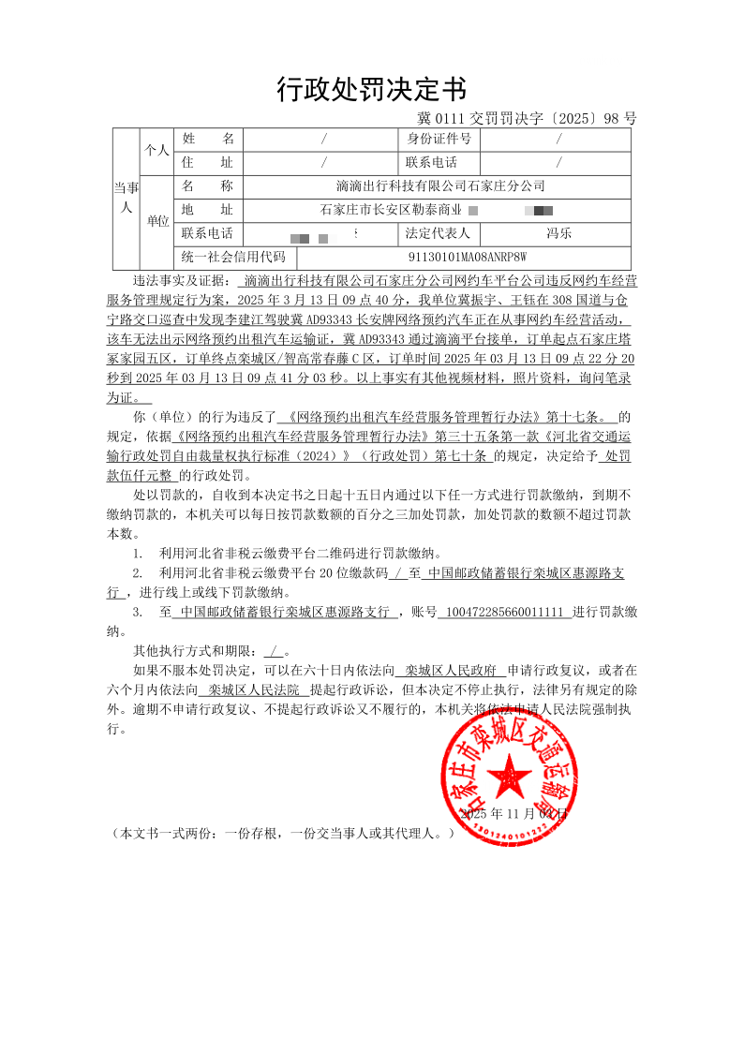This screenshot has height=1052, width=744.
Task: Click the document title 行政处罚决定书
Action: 371,89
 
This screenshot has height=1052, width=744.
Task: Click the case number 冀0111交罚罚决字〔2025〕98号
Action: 526,119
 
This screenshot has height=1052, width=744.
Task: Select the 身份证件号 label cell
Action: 439,139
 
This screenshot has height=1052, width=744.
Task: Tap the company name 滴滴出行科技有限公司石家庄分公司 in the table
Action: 439,186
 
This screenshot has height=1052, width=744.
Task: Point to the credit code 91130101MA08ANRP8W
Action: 469,256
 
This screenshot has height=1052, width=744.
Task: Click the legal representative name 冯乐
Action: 558,233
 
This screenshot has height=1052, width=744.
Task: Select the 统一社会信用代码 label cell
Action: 233,256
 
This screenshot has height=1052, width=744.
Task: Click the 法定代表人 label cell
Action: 439,233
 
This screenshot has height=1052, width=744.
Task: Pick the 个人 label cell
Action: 156,150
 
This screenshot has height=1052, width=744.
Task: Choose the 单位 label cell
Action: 157,221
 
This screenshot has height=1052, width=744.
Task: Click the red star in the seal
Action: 511,776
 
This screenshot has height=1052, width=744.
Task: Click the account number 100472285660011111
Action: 504,612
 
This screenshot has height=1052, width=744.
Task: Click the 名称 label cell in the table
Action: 207,186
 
